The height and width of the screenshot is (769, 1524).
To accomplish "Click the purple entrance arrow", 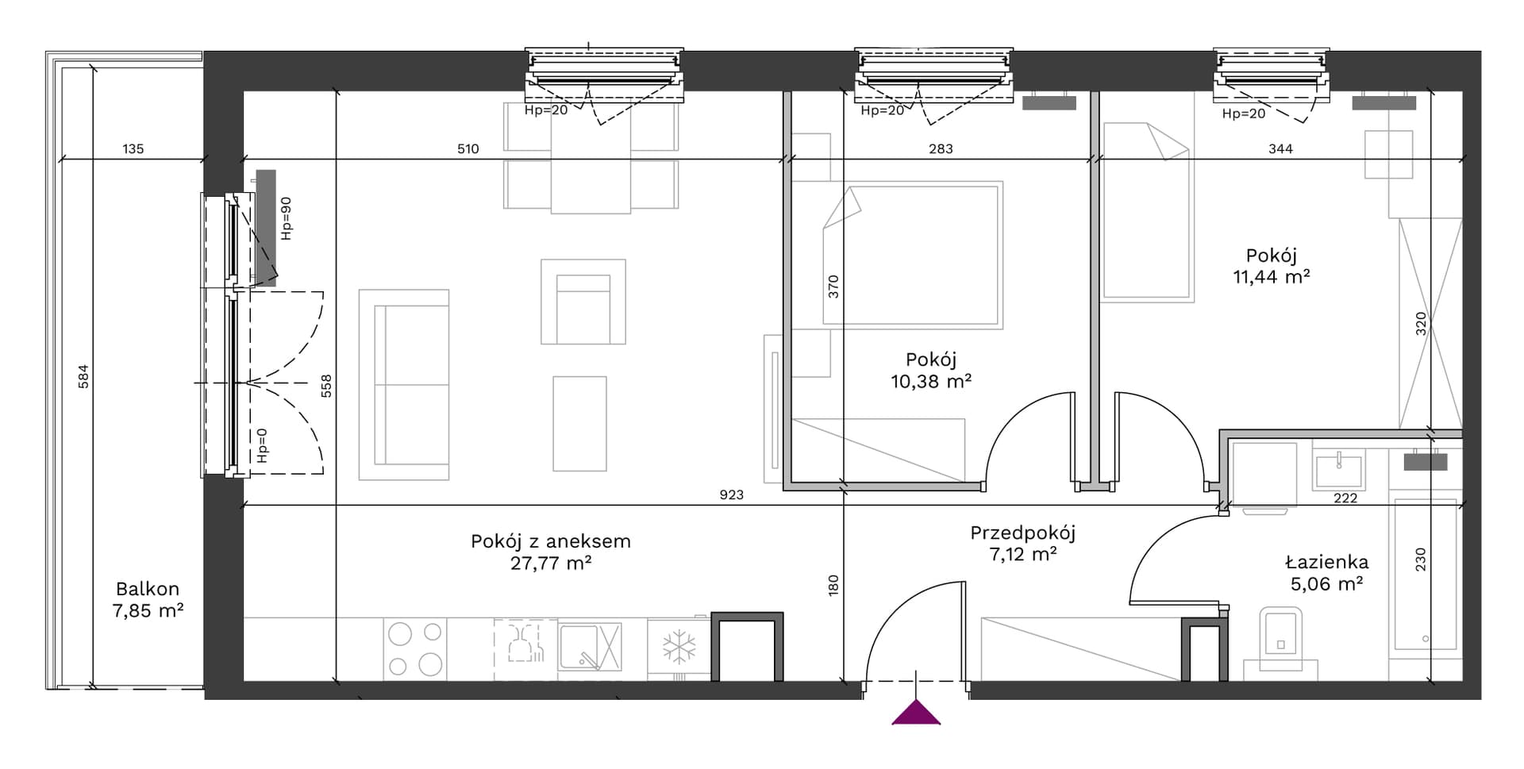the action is pyautogui.click(x=916, y=713).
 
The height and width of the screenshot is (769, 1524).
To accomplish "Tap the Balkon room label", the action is pyautogui.click(x=148, y=589).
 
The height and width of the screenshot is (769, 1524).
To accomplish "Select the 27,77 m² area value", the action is pyautogui.click(x=550, y=563).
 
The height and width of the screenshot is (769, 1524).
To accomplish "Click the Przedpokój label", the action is pyautogui.click(x=1022, y=533).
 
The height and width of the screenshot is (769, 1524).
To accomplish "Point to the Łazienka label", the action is pyautogui.click(x=1326, y=562).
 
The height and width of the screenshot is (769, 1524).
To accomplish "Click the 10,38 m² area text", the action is pyautogui.click(x=931, y=381).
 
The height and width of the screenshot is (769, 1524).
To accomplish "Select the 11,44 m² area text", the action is pyautogui.click(x=1271, y=276).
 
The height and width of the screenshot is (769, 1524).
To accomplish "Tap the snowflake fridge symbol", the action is pyautogui.click(x=679, y=647).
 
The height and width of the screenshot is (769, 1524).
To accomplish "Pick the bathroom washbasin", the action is pyautogui.click(x=1339, y=469).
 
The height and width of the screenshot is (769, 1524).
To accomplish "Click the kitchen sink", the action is pyautogui.click(x=590, y=647).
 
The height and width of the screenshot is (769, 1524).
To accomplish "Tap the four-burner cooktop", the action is pyautogui.click(x=414, y=648).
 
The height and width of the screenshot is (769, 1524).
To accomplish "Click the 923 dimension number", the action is pyautogui.click(x=731, y=494).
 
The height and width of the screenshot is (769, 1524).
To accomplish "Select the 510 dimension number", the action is pyautogui.click(x=468, y=148).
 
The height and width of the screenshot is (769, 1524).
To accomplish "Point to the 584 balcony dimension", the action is pyautogui.click(x=83, y=376).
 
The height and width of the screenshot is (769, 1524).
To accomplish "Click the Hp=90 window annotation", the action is pyautogui.click(x=287, y=218).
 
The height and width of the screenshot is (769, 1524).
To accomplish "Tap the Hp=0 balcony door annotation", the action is pyautogui.click(x=262, y=445).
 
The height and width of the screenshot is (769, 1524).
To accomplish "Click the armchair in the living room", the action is pyautogui.click(x=583, y=302).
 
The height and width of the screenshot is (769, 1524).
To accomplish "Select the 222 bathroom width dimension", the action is pyautogui.click(x=1345, y=498).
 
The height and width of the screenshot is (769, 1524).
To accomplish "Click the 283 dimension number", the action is pyautogui.click(x=940, y=148).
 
